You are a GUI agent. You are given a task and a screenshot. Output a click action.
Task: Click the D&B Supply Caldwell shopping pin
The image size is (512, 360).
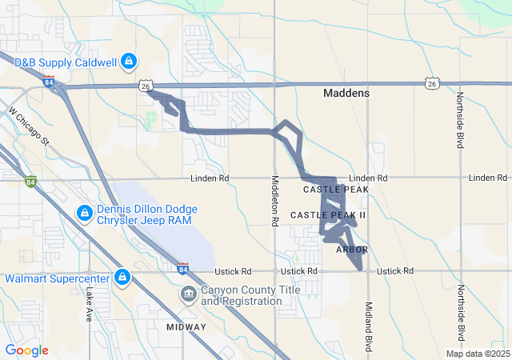(128, 62)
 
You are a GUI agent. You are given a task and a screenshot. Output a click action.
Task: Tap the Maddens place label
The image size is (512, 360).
(346, 94)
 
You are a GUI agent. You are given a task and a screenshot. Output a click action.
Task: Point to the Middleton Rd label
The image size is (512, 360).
(275, 199)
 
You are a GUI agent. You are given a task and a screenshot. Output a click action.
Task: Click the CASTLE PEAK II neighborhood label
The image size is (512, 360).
(327, 215)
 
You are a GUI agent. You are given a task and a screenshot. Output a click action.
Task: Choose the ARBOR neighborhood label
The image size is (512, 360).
(351, 250)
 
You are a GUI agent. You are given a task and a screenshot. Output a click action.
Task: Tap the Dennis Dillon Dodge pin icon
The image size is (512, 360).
(85, 214)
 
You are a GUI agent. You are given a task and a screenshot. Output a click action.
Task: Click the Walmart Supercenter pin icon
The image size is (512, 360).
(122, 278)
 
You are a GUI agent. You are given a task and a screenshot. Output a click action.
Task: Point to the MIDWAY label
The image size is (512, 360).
(186, 327)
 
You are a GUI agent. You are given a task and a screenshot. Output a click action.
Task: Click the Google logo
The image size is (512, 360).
(26, 350)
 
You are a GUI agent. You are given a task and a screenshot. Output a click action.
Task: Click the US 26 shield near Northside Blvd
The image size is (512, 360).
(431, 83)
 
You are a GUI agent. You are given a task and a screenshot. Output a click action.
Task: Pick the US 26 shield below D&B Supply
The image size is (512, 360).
(145, 85)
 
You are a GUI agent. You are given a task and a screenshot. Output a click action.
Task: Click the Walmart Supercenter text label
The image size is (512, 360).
(58, 278)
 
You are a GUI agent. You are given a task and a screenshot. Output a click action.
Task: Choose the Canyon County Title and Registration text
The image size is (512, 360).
(241, 295)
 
